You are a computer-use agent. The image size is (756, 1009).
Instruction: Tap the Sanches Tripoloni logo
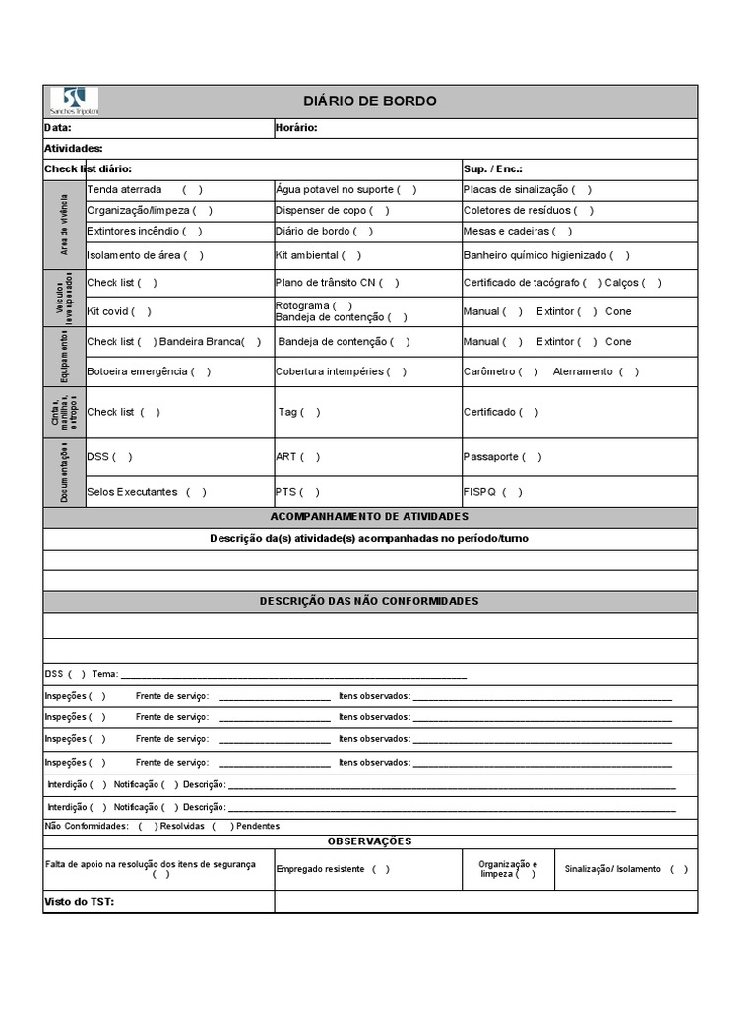coord(74,101)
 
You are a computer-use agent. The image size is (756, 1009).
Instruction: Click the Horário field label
coord(296,128)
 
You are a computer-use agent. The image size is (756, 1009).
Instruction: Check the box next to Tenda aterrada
coord(193,189)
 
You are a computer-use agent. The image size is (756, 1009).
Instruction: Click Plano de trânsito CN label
coord(326,283)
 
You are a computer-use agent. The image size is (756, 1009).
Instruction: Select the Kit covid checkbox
coord(142,311)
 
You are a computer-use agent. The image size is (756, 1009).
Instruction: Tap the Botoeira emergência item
coord(136,371)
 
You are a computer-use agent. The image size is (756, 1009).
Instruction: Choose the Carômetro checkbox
coord(529,371)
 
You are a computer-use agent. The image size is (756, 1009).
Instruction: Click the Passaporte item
coord(490,457)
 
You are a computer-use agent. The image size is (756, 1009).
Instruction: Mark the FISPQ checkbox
coord(513,492)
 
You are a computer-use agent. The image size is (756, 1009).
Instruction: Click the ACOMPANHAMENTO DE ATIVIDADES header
coord(369,517)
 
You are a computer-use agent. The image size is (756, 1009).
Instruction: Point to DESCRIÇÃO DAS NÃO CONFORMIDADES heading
coord(369,601)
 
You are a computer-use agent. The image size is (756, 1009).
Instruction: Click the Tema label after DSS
coord(104,674)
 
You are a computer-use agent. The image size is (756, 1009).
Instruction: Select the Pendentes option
coord(258,826)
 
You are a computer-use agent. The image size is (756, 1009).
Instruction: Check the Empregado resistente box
coord(380,869)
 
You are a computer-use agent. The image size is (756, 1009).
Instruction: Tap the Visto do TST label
coord(80,902)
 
